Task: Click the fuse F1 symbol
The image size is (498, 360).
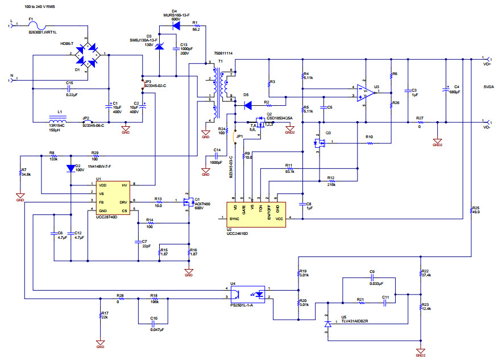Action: point(39,25)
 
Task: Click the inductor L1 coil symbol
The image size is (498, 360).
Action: point(57,121)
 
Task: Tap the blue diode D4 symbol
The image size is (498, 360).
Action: point(176,26)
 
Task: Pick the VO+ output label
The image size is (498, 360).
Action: point(487,64)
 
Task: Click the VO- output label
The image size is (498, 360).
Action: point(487,127)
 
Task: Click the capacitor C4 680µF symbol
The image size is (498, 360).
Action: point(447,89)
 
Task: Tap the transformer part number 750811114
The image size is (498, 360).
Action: point(223,53)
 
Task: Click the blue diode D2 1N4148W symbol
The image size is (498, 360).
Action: point(70,168)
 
